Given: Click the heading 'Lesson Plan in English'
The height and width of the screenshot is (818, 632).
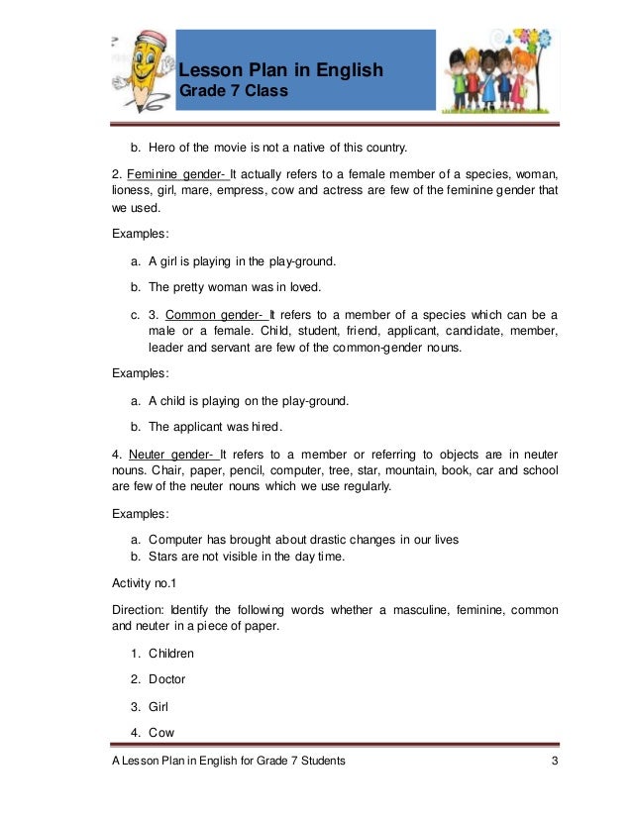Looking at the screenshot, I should pos(280,70).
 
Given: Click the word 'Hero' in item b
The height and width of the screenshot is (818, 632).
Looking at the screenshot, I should pos(164,149).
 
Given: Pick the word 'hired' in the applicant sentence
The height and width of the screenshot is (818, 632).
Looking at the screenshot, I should pos(265,427).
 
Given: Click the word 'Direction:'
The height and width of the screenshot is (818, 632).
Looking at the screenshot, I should pos(139,609).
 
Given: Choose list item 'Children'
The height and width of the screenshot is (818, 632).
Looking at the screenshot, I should pos(171,654).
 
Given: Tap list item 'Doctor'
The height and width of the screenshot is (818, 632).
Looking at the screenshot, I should pos(167,679).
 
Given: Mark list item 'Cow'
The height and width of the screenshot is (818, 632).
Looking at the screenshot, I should pos(161,733).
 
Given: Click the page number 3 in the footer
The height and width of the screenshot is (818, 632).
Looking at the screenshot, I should pos(556,760).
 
